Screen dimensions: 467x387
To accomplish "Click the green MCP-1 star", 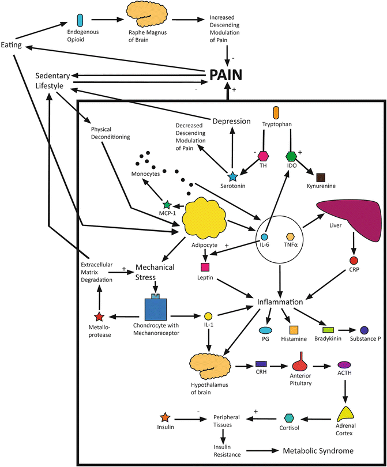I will (x=167, y=204).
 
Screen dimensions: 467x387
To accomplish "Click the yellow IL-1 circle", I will (x=209, y=316).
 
